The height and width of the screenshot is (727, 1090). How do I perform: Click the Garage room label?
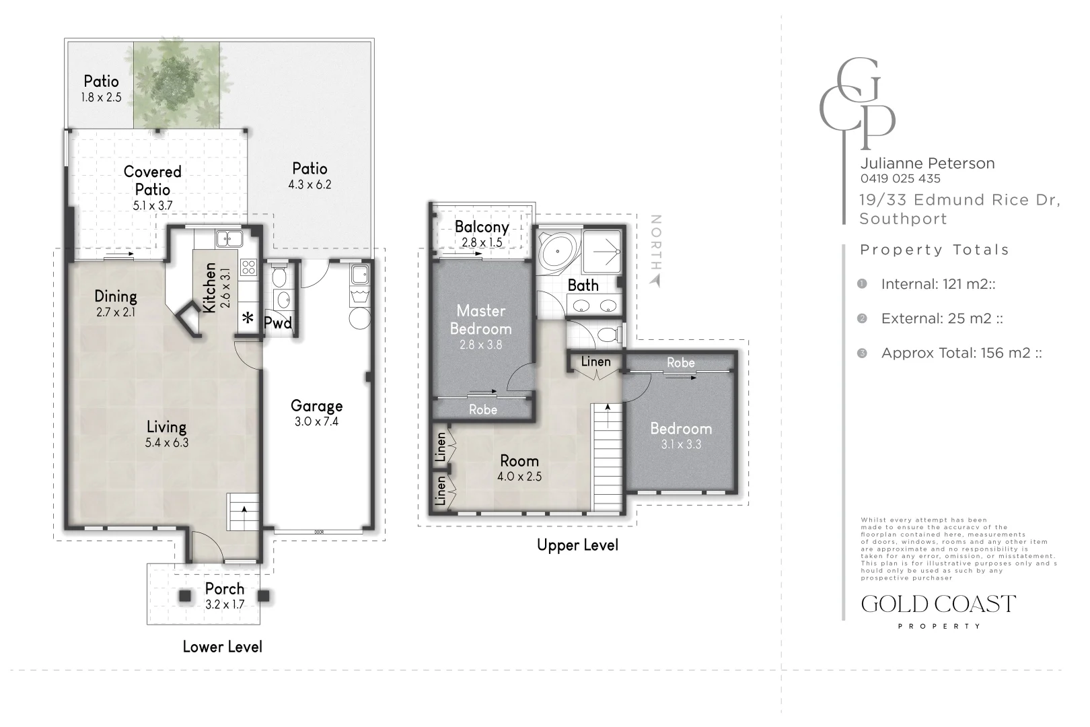(x=316, y=406)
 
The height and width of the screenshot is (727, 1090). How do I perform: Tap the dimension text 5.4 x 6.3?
(x=166, y=443)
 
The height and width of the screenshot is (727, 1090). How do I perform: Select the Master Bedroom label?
(x=481, y=320)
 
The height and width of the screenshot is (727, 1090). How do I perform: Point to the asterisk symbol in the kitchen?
(x=248, y=318)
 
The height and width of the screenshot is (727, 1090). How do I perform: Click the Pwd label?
(x=278, y=322)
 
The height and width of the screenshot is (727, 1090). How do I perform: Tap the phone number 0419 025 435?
(x=900, y=178)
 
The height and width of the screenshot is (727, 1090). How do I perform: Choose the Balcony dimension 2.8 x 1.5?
(x=482, y=242)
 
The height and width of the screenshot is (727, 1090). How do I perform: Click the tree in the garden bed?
(x=176, y=83)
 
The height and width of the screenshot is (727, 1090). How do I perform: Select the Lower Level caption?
(x=223, y=647)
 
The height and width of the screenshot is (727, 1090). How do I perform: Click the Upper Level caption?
(x=577, y=545)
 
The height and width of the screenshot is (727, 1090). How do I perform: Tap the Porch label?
(x=224, y=589)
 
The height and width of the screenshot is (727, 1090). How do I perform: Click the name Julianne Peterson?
(x=927, y=163)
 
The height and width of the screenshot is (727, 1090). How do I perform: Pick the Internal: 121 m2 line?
(x=938, y=284)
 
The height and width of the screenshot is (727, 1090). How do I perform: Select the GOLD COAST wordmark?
(x=938, y=604)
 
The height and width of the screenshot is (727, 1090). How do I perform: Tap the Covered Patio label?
(x=152, y=180)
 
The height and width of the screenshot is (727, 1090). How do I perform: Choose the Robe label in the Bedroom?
(x=681, y=363)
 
